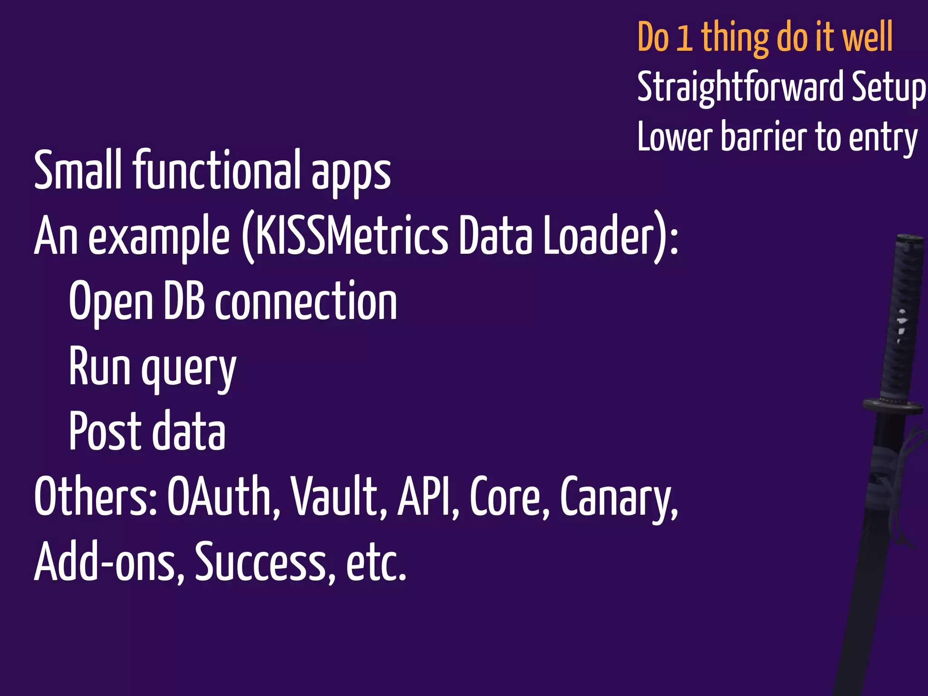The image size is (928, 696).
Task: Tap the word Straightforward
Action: [x=741, y=87]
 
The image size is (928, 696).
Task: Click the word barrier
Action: [x=764, y=137]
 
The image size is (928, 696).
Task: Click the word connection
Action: [x=306, y=301]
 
